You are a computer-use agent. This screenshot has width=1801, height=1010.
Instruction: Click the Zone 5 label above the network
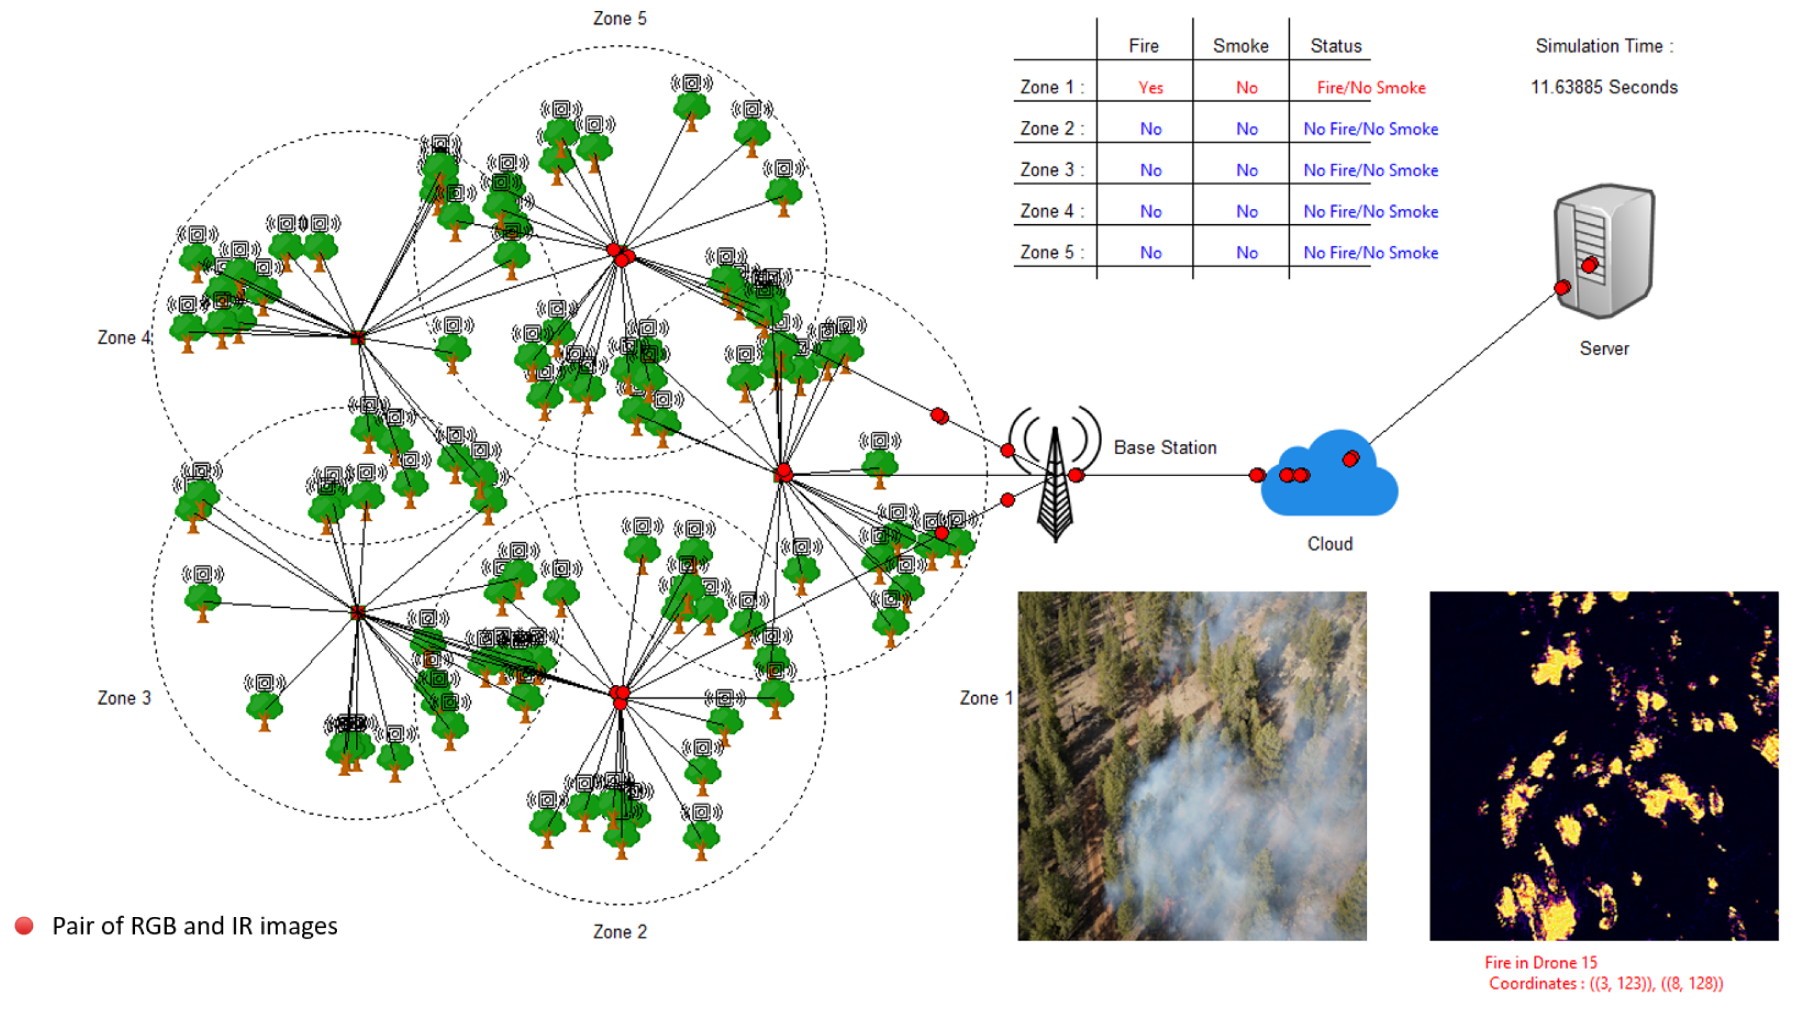(619, 19)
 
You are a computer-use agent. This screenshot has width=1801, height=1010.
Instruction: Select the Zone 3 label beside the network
(124, 698)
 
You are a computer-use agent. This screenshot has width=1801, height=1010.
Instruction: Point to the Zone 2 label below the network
(619, 932)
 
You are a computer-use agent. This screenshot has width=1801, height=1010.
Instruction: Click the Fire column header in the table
(1143, 46)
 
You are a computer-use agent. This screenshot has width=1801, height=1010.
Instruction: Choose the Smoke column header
(1240, 46)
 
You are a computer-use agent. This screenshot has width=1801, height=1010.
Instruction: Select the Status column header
(1335, 46)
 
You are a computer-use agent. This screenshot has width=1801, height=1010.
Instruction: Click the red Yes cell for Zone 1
(1150, 88)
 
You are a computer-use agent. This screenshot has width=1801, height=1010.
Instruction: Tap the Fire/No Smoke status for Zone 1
(1370, 88)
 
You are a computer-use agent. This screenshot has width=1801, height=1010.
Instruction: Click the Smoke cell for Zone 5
(1247, 253)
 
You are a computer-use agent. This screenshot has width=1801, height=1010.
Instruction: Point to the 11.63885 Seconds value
(1604, 87)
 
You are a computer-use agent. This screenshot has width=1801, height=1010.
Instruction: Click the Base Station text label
(1164, 448)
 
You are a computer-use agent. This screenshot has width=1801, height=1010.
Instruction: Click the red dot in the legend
(24, 926)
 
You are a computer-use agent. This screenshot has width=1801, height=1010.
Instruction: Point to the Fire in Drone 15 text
(1540, 962)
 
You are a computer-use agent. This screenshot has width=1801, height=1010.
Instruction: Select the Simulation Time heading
(1604, 46)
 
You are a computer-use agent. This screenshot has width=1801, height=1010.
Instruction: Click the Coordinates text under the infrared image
(1605, 984)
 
